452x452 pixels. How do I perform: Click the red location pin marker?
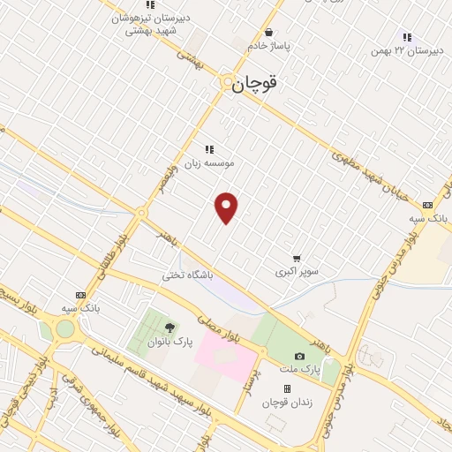pos(227,207)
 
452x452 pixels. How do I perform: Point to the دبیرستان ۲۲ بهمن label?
pos(405,51)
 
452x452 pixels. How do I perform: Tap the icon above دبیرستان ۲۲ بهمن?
pos(406,37)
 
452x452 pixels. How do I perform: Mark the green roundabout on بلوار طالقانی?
pos(65,329)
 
